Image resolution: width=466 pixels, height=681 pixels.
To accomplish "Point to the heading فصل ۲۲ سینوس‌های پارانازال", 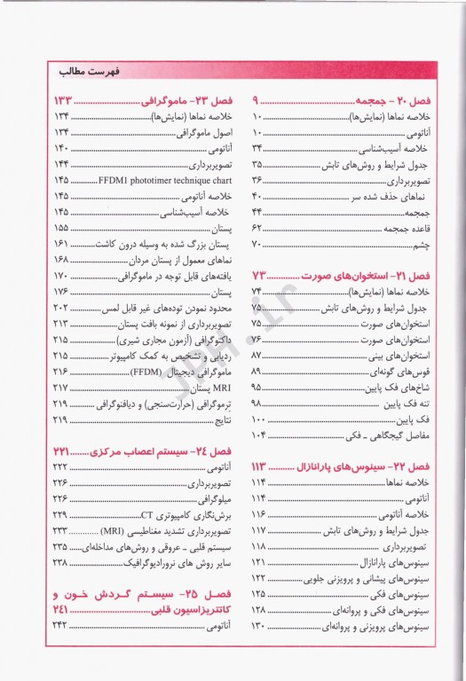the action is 362,466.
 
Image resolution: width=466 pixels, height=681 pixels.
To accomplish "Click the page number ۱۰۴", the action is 259,435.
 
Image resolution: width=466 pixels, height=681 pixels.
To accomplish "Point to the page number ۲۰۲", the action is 61,308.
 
